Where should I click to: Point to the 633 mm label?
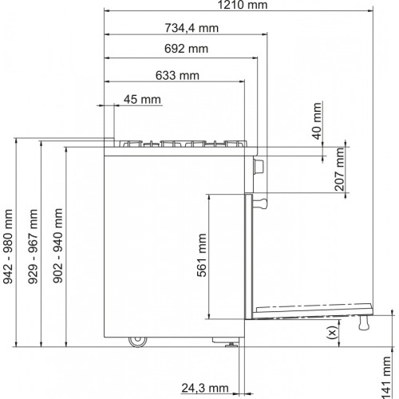coord(173,76)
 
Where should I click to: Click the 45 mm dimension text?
coord(142,100)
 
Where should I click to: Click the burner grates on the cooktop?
coord(184,144)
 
